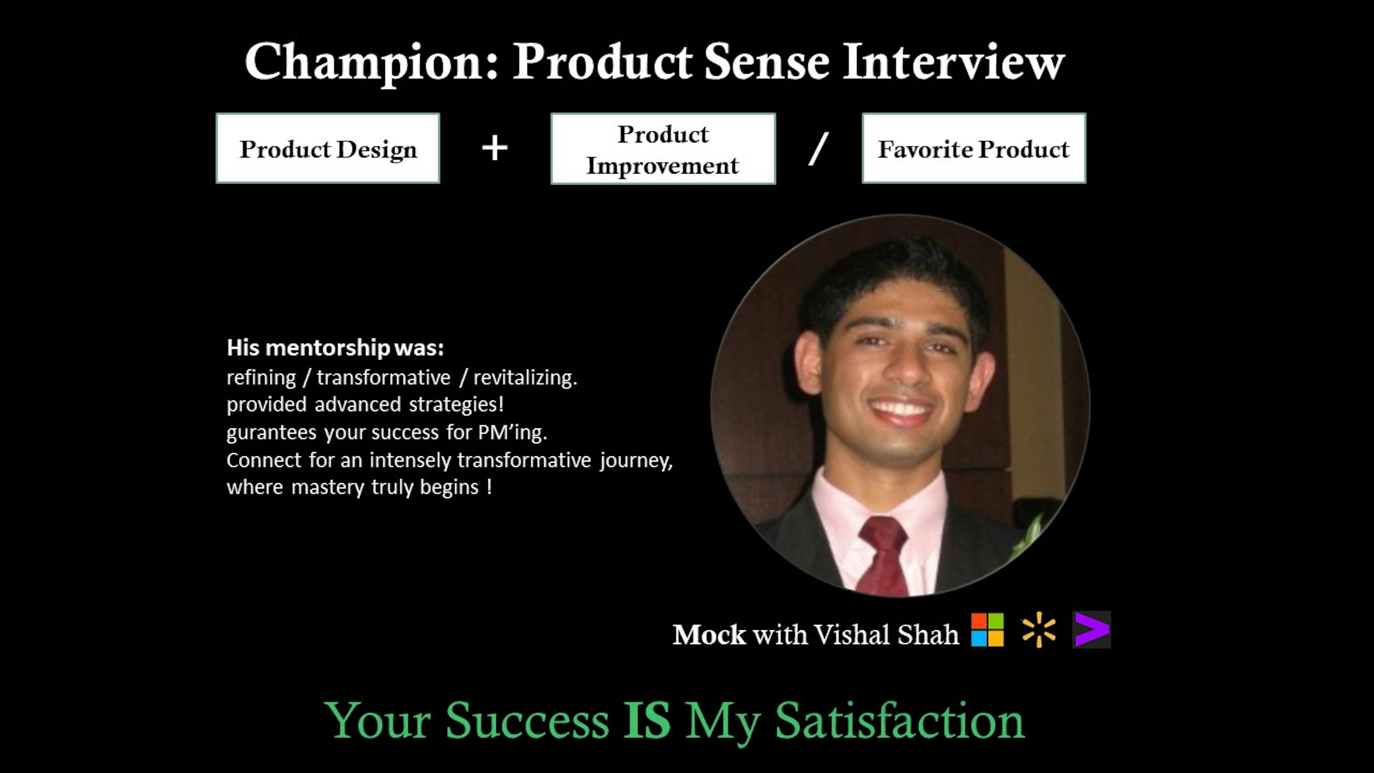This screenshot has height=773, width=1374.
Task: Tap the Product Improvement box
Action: [663, 149]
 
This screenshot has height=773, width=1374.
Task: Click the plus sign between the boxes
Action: [495, 148]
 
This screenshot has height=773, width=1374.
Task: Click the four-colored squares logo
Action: [987, 629]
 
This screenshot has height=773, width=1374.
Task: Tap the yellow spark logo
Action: [1038, 629]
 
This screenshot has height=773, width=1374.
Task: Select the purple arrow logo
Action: [1092, 629]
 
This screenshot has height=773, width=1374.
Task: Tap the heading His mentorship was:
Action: [335, 348]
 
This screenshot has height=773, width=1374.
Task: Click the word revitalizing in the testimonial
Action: [525, 378]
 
